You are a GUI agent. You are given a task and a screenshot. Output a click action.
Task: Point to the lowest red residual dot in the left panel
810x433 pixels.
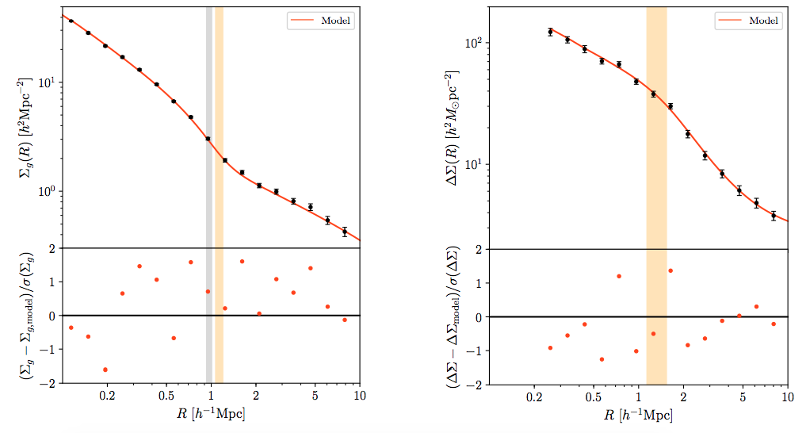pyautogui.click(x=105, y=370)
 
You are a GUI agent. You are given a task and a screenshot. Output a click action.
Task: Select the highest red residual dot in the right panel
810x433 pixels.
pyautogui.click(x=670, y=270)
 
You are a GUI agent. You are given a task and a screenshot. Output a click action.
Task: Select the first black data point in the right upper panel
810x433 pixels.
pyautogui.click(x=550, y=32)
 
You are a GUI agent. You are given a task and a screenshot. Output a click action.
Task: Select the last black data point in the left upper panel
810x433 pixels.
pyautogui.click(x=345, y=232)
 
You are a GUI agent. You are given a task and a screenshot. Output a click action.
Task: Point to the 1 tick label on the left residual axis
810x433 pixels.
pyautogui.click(x=50, y=282)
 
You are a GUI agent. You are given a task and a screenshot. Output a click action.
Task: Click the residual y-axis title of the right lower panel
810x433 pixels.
pyautogui.click(x=451, y=317)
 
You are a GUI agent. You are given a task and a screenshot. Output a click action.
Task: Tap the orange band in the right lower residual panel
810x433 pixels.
pyautogui.click(x=656, y=349)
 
